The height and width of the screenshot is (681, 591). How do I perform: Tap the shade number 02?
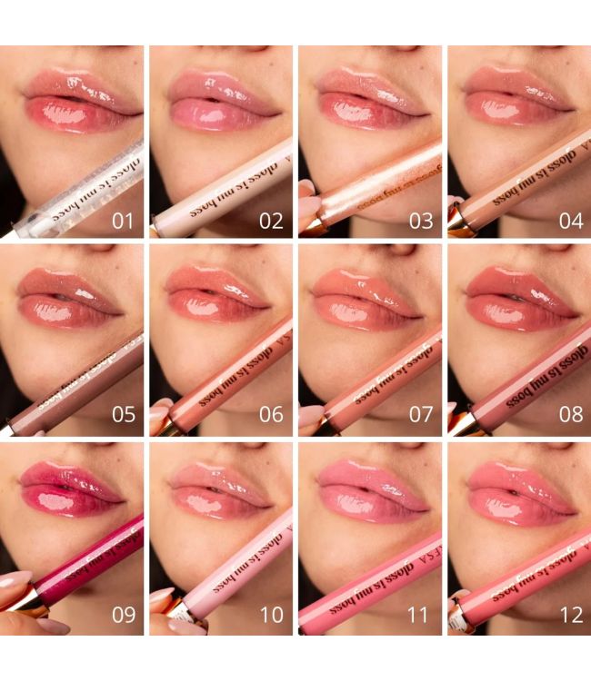click(x=272, y=221)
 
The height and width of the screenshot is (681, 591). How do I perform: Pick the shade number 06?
click(x=272, y=415)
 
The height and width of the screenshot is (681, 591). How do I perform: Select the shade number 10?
click(x=272, y=615)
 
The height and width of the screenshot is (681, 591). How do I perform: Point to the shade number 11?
click(x=418, y=615)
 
